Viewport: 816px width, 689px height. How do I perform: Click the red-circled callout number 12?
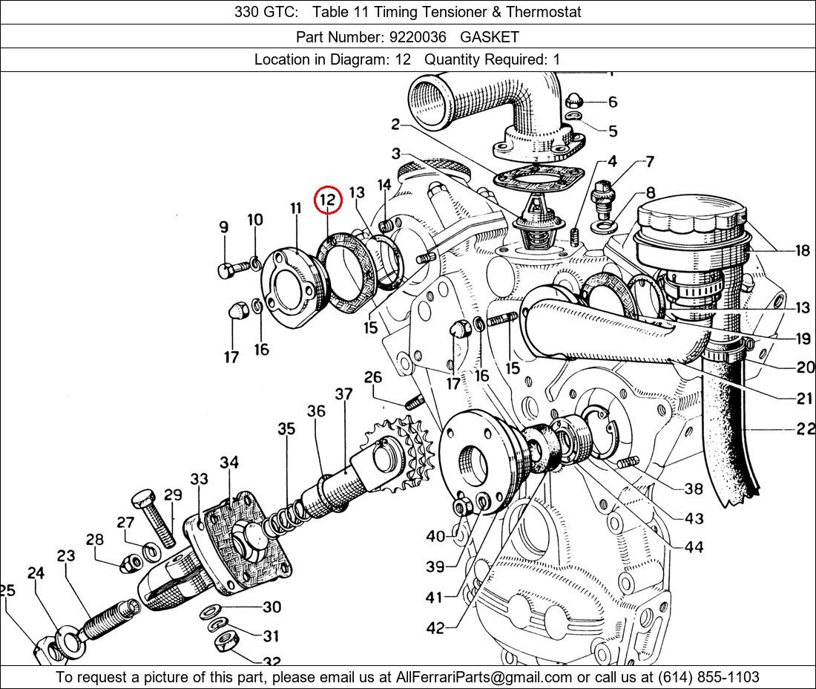pyautogui.click(x=327, y=199)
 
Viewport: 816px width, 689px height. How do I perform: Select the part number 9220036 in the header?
pyautogui.click(x=419, y=36)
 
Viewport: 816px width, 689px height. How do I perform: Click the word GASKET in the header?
pyautogui.click(x=490, y=36)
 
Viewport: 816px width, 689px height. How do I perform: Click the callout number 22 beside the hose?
pyautogui.click(x=804, y=429)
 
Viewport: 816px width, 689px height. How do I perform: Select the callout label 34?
pyautogui.click(x=229, y=463)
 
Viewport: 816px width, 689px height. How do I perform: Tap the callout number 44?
pyautogui.click(x=694, y=547)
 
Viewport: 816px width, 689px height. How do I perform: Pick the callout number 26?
pyautogui.click(x=372, y=377)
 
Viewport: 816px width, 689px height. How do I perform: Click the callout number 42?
pyautogui.click(x=435, y=628)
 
